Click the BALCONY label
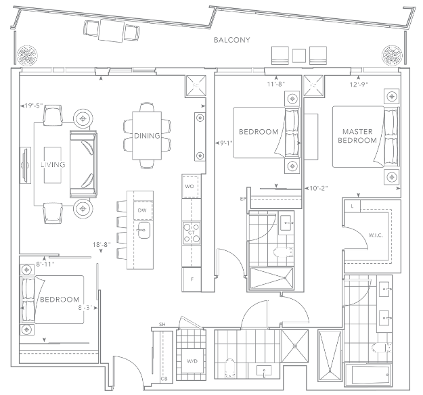(231, 40)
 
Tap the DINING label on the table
(147, 136)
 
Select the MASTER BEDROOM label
(357, 136)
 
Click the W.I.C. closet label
(376, 235)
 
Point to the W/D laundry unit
(192, 361)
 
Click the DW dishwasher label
(142, 210)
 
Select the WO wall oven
(191, 187)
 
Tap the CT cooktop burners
(192, 233)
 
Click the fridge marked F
(192, 279)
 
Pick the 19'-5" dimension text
(33, 106)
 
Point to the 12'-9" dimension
(359, 85)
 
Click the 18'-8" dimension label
(102, 245)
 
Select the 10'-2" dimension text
(318, 188)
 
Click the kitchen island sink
(144, 230)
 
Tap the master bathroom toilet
(381, 348)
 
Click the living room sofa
(83, 164)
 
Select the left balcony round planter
(27, 55)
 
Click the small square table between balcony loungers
(299, 55)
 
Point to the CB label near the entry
(164, 379)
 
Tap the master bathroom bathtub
(368, 375)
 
